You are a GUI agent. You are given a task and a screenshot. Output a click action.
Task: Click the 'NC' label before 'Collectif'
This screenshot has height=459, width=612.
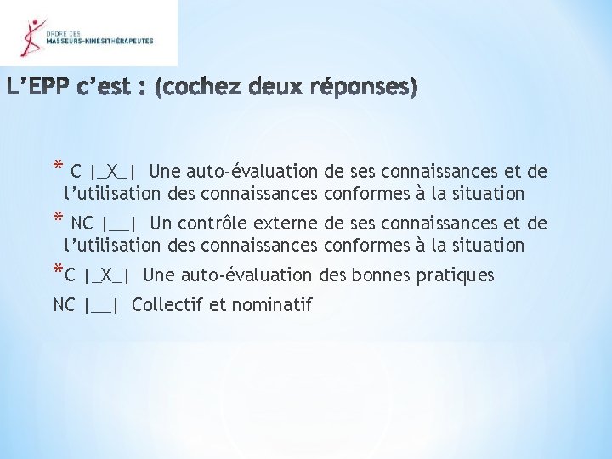65,304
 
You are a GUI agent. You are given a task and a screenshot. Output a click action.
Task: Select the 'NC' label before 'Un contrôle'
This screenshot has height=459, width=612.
82,224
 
